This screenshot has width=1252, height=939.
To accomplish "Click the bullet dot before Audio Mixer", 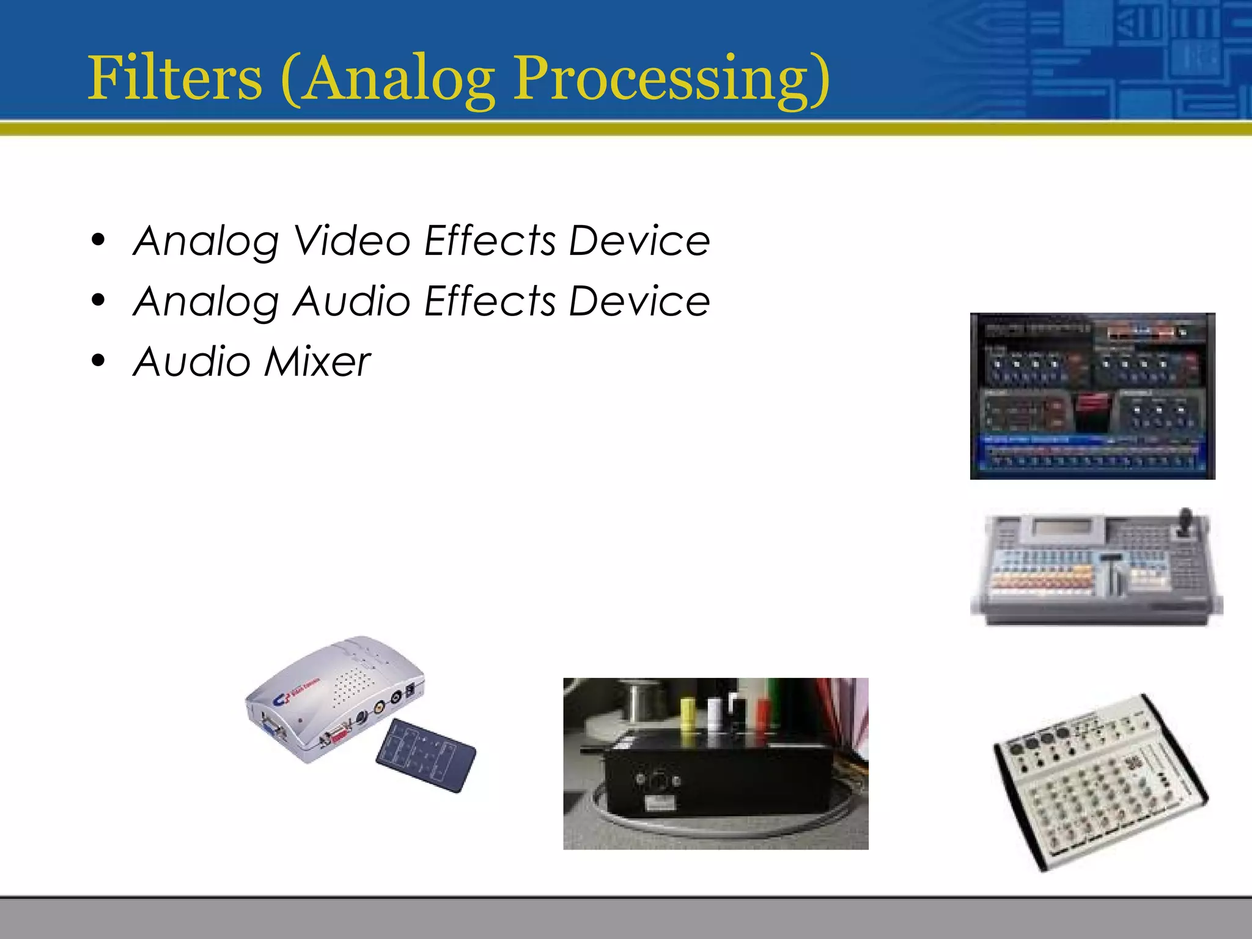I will pyautogui.click(x=98, y=361).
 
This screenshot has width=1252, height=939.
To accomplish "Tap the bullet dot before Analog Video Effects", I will pyautogui.click(x=98, y=240).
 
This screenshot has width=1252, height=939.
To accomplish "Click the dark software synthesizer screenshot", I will pyautogui.click(x=1092, y=396).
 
